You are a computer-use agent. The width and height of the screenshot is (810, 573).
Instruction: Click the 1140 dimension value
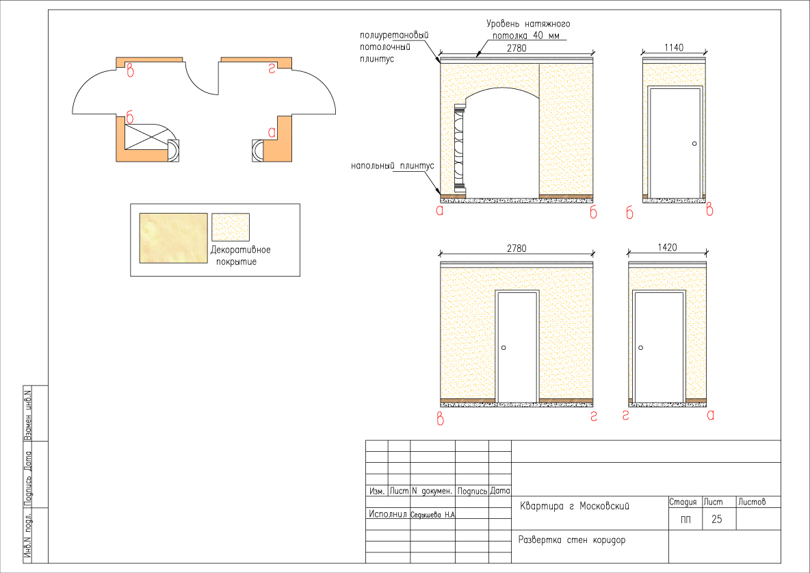pos(674,47)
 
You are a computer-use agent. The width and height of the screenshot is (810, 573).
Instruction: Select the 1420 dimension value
pos(667,248)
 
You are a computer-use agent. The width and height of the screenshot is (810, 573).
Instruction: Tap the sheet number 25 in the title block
pos(716,519)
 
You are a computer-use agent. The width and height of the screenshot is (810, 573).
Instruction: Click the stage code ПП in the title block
pos(685,520)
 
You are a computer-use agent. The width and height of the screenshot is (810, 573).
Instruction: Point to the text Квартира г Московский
pos(575,507)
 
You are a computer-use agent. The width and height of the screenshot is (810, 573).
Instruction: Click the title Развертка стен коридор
pos(572,540)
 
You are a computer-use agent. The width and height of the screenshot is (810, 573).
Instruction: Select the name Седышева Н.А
pos(433,515)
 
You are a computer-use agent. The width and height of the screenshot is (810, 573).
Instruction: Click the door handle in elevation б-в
pos(694,143)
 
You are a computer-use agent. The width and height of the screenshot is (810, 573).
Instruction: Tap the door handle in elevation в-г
pos(504,348)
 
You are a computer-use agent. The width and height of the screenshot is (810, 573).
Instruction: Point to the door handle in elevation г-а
pos(640,348)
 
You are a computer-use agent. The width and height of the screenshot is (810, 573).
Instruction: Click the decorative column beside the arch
pos(459,149)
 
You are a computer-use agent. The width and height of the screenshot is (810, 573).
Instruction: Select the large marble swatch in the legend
pos(174,238)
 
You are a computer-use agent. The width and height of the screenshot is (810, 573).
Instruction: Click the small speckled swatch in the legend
pos(231,227)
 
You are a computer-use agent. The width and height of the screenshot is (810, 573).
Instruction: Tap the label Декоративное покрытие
pos(240,255)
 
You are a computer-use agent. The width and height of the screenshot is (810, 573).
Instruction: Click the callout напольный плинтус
pos(393,166)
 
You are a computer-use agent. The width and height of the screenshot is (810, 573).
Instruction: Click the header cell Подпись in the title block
pos(472,491)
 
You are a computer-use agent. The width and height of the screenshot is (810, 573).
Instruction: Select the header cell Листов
pos(752,501)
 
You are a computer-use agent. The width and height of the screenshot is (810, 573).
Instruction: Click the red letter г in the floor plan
pos(272,68)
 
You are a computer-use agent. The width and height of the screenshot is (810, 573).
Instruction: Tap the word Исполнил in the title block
pos(388,513)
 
